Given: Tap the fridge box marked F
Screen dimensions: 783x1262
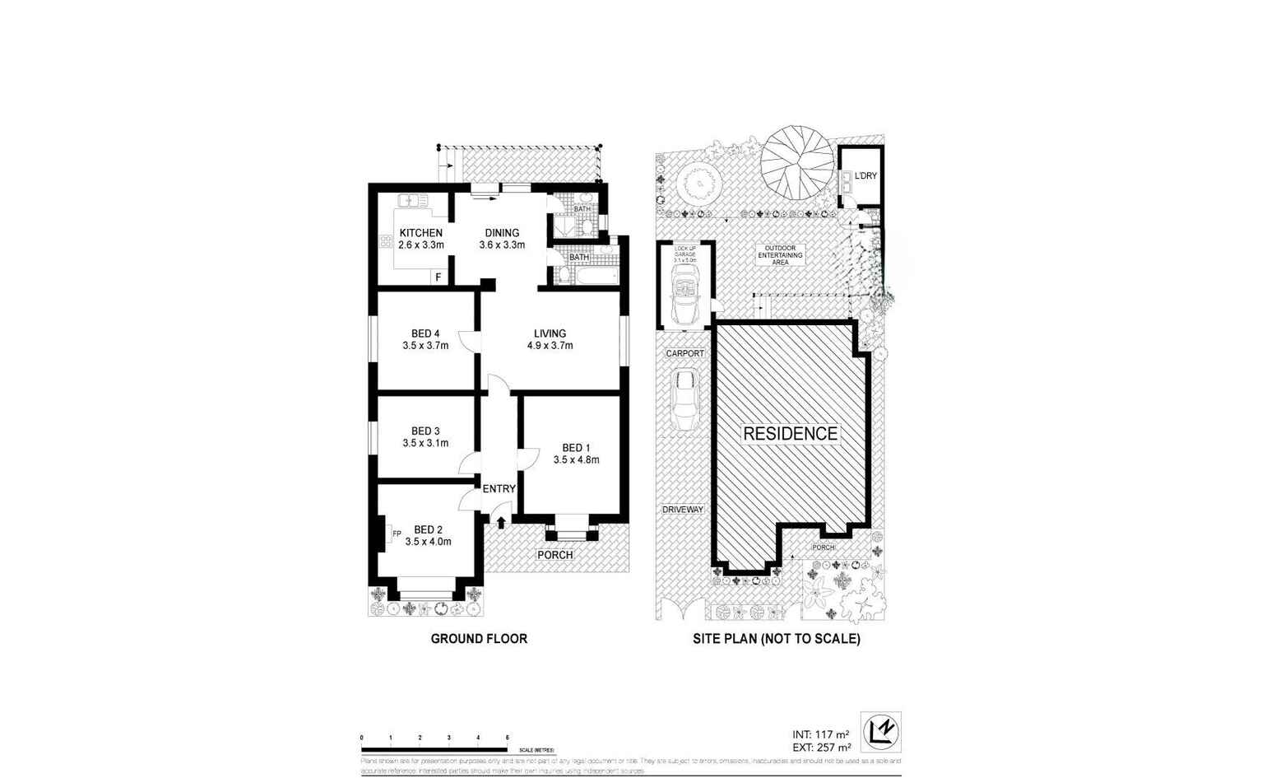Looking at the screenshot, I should coord(438,277).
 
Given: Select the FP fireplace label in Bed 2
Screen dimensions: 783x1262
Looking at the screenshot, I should coord(397,534).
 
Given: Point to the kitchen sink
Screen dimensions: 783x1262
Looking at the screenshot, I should coord(412,200).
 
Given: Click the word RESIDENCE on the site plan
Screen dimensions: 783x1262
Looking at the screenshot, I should coord(790,434).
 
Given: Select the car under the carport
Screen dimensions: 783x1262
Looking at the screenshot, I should coord(684,401).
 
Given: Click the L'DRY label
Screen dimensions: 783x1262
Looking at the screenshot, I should coord(865,176).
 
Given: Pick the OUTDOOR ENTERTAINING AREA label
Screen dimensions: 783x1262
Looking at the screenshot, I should coord(780,255).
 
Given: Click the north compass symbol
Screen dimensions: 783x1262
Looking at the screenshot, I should coord(880,732).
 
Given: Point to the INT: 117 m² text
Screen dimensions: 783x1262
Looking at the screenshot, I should coord(820,734).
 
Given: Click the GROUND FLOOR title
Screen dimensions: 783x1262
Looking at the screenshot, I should coord(479,638).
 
